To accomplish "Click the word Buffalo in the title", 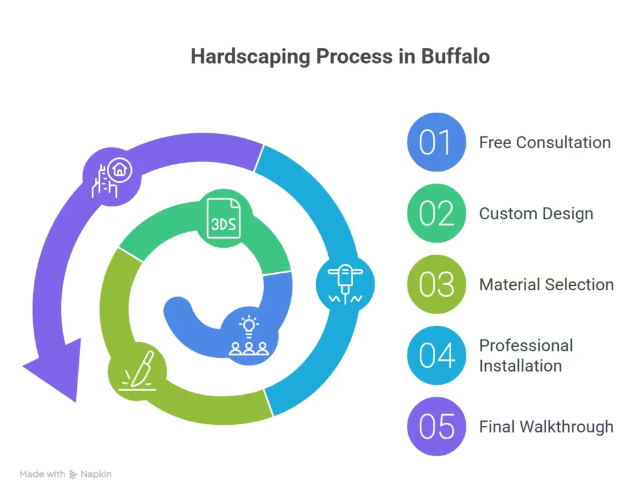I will pyautogui.click(x=455, y=56).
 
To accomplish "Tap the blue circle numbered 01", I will pyautogui.click(x=436, y=142).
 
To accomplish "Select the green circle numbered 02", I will pyautogui.click(x=436, y=213).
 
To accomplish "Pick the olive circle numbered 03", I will pyautogui.click(x=436, y=285).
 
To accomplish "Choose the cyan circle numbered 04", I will pyautogui.click(x=436, y=355).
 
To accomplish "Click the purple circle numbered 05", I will pyautogui.click(x=436, y=427).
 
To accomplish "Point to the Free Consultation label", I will pyautogui.click(x=544, y=142).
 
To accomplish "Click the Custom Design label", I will pyautogui.click(x=536, y=213).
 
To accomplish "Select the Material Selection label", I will pyautogui.click(x=546, y=285).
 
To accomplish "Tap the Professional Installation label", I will pyautogui.click(x=526, y=355).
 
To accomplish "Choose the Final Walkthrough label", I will pyautogui.click(x=546, y=427).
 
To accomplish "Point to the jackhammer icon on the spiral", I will pyautogui.click(x=346, y=285).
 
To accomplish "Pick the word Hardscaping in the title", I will pyautogui.click(x=250, y=56).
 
